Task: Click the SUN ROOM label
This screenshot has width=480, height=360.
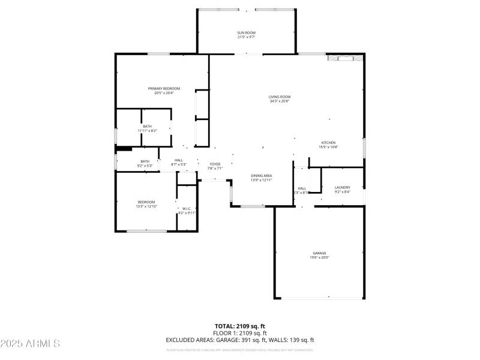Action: click(x=247, y=32)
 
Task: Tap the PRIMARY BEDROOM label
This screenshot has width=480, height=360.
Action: click(x=164, y=89)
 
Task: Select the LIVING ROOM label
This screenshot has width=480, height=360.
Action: click(x=280, y=97)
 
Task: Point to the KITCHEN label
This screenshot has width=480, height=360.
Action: click(x=328, y=143)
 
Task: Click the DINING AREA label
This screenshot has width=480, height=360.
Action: click(x=262, y=176)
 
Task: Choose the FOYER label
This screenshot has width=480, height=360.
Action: click(x=215, y=164)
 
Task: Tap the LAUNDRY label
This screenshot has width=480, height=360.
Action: click(x=342, y=188)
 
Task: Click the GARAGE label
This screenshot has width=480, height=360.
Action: click(x=319, y=253)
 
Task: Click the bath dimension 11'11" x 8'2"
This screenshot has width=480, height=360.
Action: click(x=147, y=130)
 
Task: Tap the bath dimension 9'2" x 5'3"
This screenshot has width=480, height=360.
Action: click(x=145, y=166)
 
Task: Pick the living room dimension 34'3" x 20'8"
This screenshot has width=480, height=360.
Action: click(x=280, y=101)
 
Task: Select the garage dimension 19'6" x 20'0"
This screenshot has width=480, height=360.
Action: click(x=319, y=257)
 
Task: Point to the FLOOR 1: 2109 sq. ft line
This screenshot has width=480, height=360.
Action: click(x=240, y=333)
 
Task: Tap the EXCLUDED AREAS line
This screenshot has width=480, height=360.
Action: click(x=240, y=340)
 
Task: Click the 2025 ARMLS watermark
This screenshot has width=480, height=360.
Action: click(x=30, y=344)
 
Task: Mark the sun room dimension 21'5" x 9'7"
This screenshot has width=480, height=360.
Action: click(x=247, y=37)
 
